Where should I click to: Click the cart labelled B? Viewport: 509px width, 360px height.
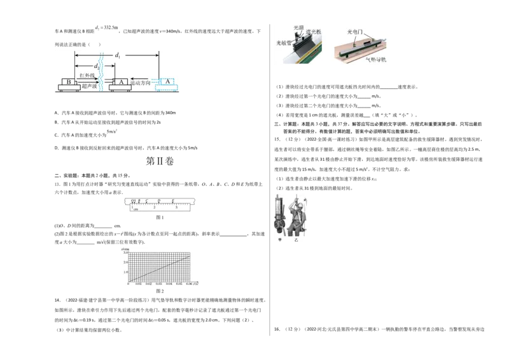(x=69, y=83)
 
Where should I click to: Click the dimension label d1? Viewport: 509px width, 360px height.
(x=118, y=56)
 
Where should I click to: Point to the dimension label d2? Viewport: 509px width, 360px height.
(x=96, y=66)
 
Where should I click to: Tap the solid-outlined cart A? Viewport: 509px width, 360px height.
(x=120, y=83)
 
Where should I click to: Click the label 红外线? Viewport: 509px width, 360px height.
(x=87, y=76)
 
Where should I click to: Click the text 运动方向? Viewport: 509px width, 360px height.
(x=141, y=83)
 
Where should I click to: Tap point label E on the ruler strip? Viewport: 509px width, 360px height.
(x=174, y=200)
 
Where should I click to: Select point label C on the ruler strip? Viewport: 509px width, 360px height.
(x=147, y=200)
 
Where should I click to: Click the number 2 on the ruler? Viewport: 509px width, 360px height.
(x=154, y=208)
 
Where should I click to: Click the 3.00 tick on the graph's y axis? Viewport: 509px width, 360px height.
(x=125, y=253)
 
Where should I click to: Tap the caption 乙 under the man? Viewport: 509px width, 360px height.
(x=296, y=241)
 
